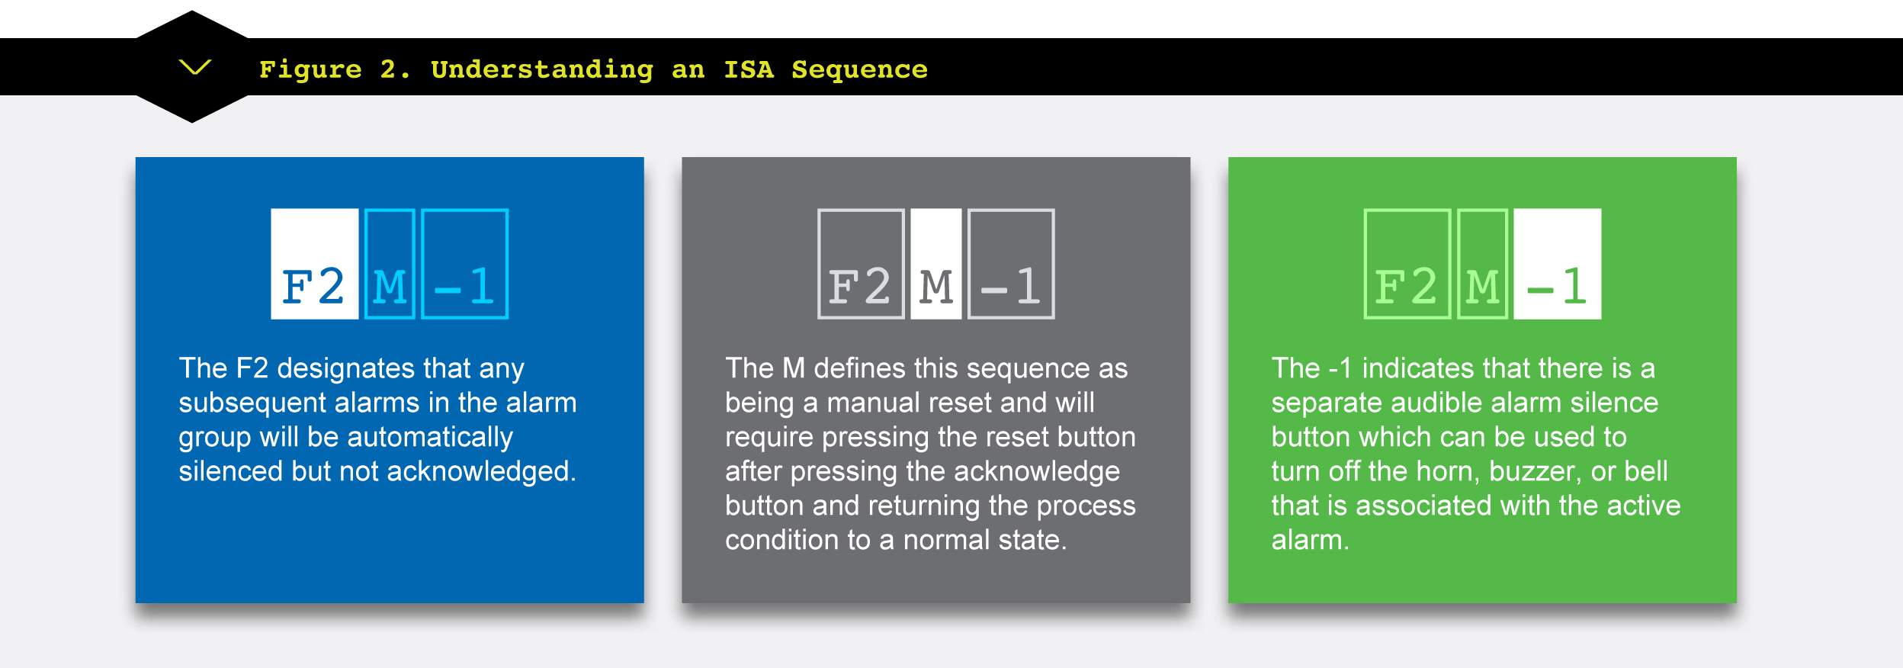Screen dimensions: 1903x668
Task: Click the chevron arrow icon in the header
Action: (x=194, y=67)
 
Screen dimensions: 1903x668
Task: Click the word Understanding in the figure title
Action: (x=542, y=70)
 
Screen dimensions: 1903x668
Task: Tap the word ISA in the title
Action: (x=748, y=69)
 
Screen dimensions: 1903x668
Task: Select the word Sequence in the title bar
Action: (x=859, y=70)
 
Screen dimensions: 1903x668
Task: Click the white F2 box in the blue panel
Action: (x=314, y=264)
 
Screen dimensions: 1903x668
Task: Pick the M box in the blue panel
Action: (x=390, y=264)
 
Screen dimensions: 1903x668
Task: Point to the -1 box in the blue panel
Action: (x=465, y=264)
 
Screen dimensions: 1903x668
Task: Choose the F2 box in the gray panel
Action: (x=861, y=264)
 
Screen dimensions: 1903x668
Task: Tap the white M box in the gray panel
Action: (x=936, y=264)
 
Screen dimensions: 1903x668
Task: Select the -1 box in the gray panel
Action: (x=1011, y=264)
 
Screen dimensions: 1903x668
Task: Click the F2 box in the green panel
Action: (x=1407, y=264)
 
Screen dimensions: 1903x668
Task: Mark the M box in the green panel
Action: (x=1483, y=264)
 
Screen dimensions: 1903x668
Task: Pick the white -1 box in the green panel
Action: (x=1558, y=264)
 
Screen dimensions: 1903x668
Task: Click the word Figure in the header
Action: (x=310, y=70)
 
